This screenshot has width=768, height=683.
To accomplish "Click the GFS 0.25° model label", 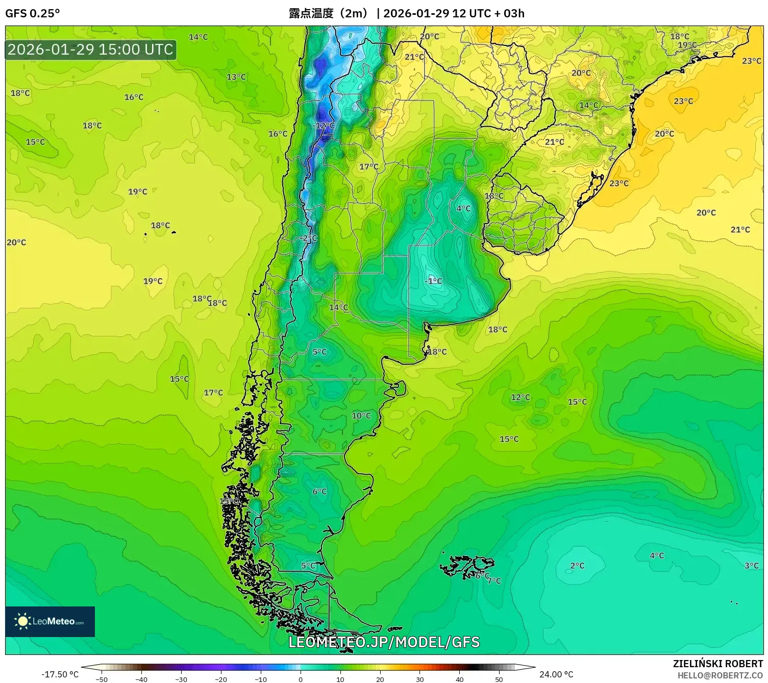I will click(32, 13).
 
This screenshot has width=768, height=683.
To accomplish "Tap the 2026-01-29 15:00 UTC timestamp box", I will click(90, 50).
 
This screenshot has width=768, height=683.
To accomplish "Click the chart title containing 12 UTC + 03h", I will click(406, 13).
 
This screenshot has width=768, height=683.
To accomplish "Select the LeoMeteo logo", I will click(50, 621).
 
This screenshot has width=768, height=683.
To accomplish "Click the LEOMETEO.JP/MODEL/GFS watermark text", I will click(384, 642).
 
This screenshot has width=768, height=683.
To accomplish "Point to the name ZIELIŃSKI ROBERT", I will click(717, 664).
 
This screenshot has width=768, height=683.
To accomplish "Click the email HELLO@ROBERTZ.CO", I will click(720, 675).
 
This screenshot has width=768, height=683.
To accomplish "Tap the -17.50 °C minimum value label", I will click(60, 674).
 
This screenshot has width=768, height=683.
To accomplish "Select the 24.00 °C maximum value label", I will click(556, 674).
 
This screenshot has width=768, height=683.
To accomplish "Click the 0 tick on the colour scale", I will click(301, 679).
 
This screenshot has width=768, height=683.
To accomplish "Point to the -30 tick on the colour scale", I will click(181, 679).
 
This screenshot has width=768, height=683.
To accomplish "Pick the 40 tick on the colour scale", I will click(459, 679).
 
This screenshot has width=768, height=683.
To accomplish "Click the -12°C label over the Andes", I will click(325, 126).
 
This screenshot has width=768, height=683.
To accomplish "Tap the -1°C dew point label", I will click(433, 281).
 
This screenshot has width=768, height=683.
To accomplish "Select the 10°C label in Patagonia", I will click(361, 416).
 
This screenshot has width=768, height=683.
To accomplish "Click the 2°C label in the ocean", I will click(577, 566).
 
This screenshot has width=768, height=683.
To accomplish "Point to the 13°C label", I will click(236, 77).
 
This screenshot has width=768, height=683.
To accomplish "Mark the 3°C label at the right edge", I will click(751, 566).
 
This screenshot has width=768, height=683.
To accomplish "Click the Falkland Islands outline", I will click(467, 566).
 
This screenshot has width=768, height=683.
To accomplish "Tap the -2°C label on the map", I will click(309, 238).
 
